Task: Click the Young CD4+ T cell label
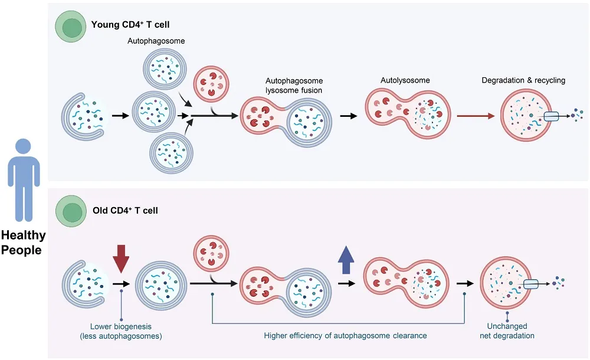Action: click(x=127, y=25)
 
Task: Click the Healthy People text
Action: click(x=23, y=243)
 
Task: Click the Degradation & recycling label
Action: click(x=523, y=80)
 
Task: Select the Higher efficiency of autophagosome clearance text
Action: click(x=345, y=335)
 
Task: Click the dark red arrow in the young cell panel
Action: click(x=476, y=116)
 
